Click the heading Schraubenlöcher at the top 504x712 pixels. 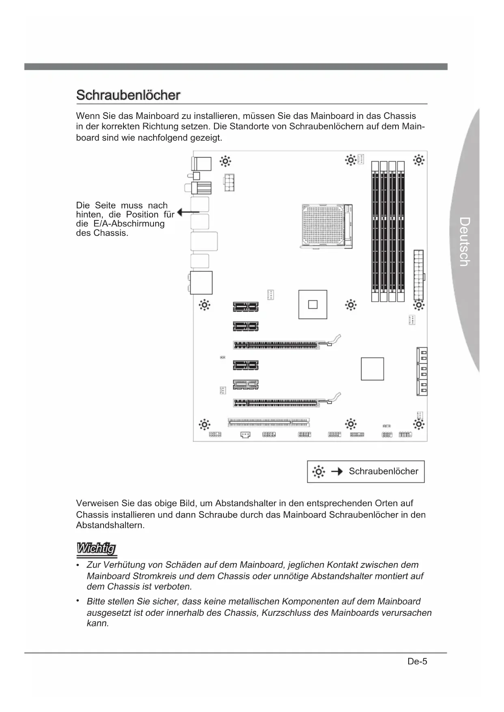pyautogui.click(x=128, y=95)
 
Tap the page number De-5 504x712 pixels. pyautogui.click(x=417, y=661)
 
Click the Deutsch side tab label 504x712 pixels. pyautogui.click(x=465, y=242)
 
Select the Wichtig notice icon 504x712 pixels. pyautogui.click(x=97, y=549)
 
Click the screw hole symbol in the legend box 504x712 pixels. pyautogui.click(x=318, y=471)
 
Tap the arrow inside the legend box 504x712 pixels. pyautogui.click(x=337, y=471)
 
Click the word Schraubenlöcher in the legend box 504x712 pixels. pyautogui.click(x=383, y=471)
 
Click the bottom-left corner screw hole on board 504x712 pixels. pyautogui.click(x=204, y=425)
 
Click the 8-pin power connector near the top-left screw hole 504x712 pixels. pyautogui.click(x=229, y=182)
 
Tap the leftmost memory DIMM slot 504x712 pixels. pyautogui.click(x=375, y=231)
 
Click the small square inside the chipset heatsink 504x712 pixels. pyautogui.click(x=313, y=304)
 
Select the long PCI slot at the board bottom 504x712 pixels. pyautogui.click(x=268, y=422)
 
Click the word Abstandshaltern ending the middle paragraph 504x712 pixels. pyautogui.click(x=110, y=525)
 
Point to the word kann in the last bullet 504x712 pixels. pyautogui.click(x=97, y=624)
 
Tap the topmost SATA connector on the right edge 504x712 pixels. pyautogui.click(x=422, y=356)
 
